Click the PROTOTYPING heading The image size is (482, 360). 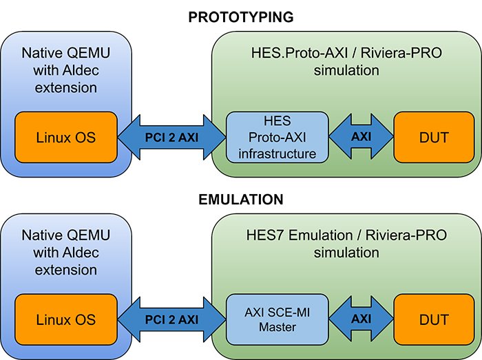tap(240, 17)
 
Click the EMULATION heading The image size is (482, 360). tap(240, 200)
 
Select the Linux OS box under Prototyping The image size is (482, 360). tap(66, 138)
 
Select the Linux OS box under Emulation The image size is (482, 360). tap(66, 320)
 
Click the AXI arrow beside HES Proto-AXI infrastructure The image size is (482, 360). tap(361, 137)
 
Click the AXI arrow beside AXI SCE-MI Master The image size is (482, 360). tap(361, 320)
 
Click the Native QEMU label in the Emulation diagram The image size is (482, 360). tap(66, 235)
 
